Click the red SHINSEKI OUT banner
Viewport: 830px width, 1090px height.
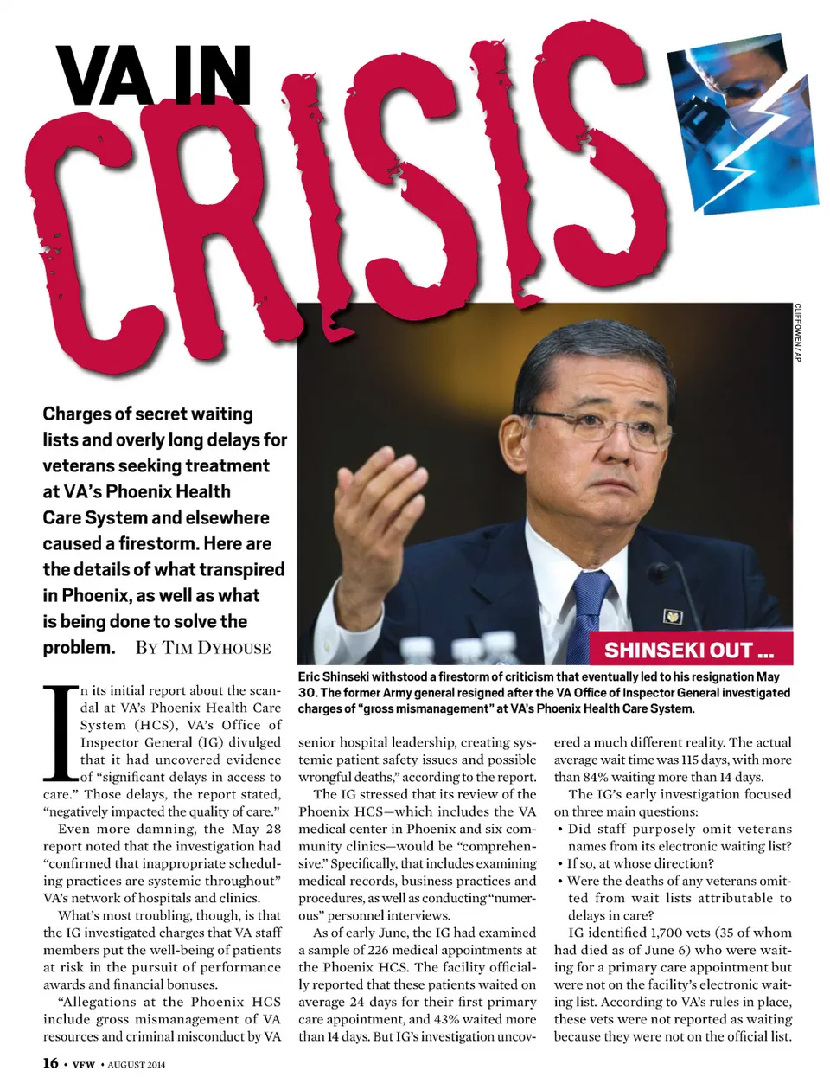(x=689, y=650)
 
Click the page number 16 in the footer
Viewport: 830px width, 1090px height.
(x=51, y=1062)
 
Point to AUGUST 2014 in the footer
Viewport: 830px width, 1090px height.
(x=136, y=1063)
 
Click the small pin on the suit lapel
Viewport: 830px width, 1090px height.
(x=672, y=617)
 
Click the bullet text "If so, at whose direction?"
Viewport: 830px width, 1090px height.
(x=640, y=863)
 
